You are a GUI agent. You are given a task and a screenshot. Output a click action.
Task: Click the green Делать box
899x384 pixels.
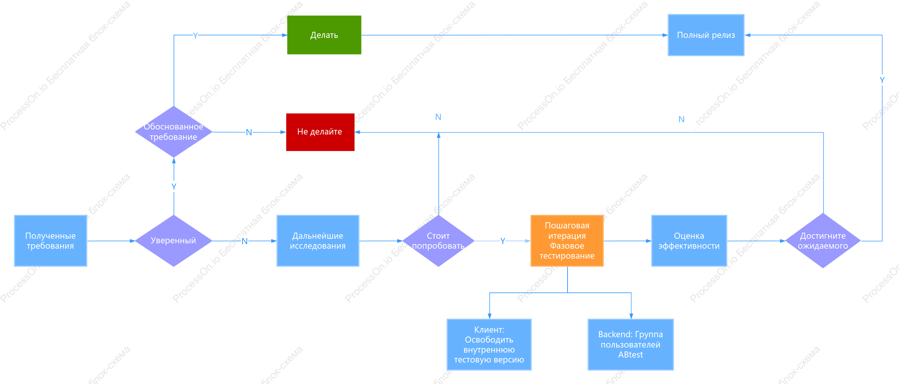(324, 35)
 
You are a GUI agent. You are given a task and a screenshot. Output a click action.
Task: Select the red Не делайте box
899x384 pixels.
(320, 132)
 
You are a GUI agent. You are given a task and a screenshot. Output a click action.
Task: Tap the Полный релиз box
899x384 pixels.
(706, 35)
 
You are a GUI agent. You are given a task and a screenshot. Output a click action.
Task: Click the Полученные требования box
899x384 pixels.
(51, 241)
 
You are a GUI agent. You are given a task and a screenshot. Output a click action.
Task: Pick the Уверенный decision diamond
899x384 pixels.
(174, 241)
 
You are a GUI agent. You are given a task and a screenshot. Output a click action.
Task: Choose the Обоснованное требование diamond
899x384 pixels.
(174, 132)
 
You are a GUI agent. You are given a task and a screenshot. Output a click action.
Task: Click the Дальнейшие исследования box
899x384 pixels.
(318, 241)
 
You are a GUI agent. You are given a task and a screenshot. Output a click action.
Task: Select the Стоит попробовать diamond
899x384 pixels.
(438, 241)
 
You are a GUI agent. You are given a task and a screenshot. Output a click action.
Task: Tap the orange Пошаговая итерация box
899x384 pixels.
(567, 241)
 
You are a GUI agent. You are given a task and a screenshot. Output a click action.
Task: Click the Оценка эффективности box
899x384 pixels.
(689, 241)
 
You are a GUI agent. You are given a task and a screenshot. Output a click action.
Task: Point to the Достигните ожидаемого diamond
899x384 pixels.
(823, 241)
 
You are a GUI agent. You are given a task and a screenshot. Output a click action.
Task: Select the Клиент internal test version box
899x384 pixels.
(489, 345)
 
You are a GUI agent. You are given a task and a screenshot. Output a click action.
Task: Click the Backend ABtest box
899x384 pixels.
(631, 345)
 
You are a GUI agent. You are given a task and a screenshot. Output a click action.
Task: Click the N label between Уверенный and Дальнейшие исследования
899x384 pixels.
(244, 241)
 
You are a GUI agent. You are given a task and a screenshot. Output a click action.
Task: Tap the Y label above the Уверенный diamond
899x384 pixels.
(174, 187)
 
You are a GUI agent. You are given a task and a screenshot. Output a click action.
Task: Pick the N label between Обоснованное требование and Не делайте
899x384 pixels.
(249, 132)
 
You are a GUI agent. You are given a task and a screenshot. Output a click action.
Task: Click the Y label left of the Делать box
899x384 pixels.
(195, 36)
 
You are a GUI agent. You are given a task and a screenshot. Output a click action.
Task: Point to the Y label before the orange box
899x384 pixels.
(503, 241)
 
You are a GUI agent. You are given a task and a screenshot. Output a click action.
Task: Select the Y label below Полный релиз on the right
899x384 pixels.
(882, 80)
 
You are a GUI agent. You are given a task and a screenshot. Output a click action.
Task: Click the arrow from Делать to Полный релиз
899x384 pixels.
(515, 35)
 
